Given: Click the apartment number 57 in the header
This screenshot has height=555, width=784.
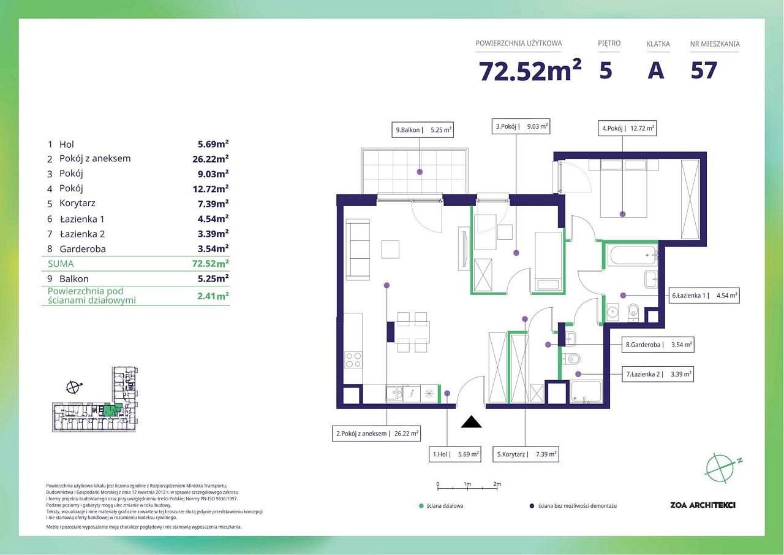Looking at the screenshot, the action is (704, 71).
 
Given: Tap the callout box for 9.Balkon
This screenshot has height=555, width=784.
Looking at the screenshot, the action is (423, 130).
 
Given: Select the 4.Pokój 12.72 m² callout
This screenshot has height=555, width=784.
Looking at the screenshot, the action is (627, 128).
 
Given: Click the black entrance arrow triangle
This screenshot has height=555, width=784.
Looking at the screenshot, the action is (471, 421).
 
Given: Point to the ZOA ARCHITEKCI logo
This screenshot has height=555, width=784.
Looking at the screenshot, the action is (703, 505).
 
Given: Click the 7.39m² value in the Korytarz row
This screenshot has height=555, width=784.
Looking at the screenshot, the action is (213, 204).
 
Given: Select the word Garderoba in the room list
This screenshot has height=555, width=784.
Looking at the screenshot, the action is (83, 249).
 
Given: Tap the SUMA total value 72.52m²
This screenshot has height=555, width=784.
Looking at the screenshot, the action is (210, 264).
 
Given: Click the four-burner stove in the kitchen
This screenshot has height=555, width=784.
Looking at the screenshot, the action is (353, 360).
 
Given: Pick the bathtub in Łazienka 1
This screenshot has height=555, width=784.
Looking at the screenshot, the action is (633, 256).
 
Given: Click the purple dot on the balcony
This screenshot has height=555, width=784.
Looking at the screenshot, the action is (420, 172).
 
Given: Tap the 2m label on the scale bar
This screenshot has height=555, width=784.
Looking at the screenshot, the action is (497, 484).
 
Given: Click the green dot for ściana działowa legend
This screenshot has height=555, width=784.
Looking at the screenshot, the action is (421, 506).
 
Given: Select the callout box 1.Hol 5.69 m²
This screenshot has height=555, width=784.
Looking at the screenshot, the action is (455, 454).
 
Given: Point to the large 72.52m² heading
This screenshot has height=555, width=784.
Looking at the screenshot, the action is (530, 71).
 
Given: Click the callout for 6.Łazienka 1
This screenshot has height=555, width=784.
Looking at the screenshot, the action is (704, 296).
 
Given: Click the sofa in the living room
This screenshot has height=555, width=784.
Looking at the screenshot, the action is (358, 250).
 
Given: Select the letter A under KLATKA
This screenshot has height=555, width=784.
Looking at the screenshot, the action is (655, 71).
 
